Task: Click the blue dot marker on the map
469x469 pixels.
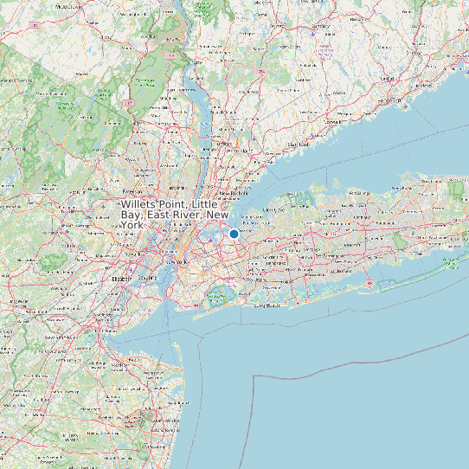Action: pos(234,234)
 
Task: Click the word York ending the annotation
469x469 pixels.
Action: pos(132,225)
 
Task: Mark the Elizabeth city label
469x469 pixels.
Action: pos(121,279)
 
